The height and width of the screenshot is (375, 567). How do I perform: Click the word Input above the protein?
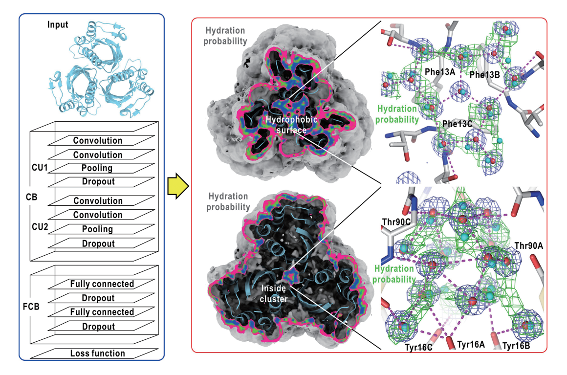[58, 24]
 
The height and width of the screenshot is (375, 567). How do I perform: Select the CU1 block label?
[40, 167]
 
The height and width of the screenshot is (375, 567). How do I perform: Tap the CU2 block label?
[40, 227]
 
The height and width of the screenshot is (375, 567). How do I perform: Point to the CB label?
[31, 197]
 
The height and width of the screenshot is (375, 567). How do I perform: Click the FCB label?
[31, 307]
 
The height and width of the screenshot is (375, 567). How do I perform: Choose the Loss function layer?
[98, 353]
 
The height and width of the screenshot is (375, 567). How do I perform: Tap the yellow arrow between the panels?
[178, 186]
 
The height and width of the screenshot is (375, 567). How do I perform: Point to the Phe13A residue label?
[440, 72]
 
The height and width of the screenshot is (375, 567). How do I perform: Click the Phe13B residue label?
[484, 75]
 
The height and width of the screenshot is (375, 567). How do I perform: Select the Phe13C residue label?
[457, 124]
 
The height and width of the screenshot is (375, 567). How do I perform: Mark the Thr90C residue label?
[396, 222]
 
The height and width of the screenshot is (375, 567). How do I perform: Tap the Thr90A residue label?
[529, 246]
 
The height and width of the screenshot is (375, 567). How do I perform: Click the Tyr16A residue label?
[471, 344]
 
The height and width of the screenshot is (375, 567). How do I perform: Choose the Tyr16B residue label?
[516, 346]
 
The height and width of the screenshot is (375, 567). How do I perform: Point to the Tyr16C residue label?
[418, 348]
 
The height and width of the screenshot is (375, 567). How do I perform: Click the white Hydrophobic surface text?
[291, 125]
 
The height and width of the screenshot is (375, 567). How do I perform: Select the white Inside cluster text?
[274, 294]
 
